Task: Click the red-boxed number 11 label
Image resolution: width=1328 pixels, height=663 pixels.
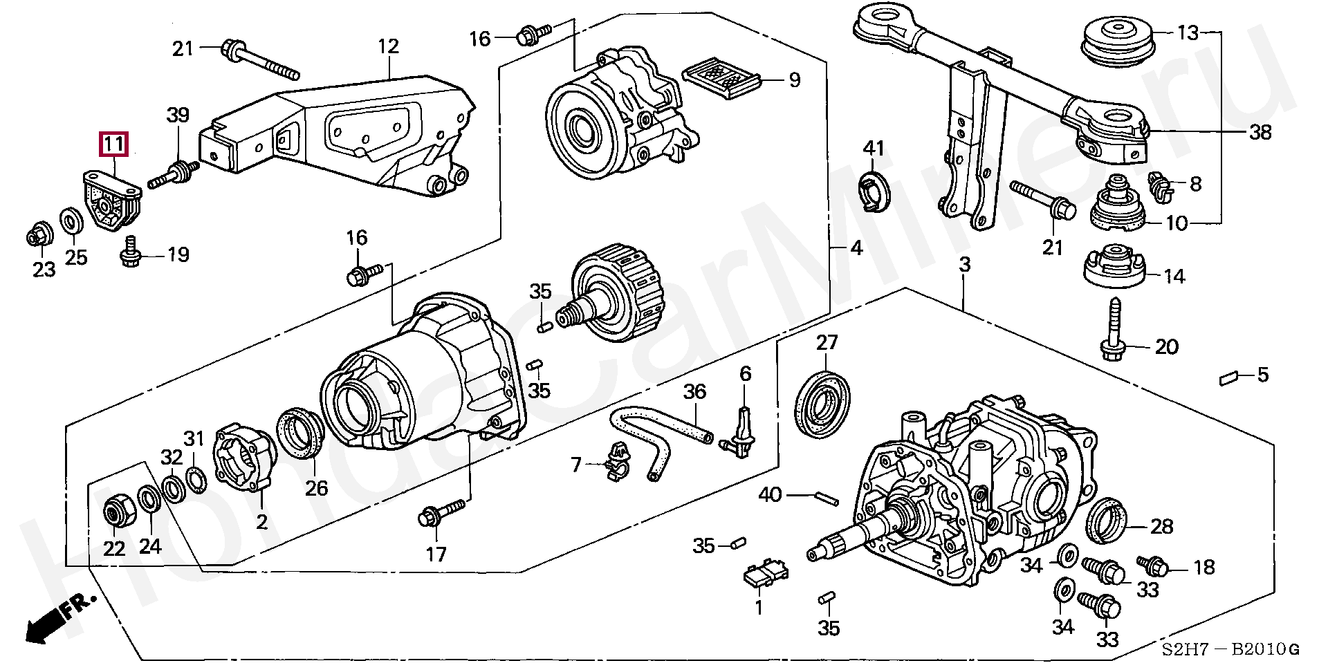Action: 113,144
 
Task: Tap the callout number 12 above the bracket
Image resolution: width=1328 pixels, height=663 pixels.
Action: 389,46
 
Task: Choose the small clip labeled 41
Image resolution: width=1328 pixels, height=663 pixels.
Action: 873,192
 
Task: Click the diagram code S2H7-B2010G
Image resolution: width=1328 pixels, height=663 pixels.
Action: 1230,649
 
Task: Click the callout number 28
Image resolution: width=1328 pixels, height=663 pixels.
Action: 1161,526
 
